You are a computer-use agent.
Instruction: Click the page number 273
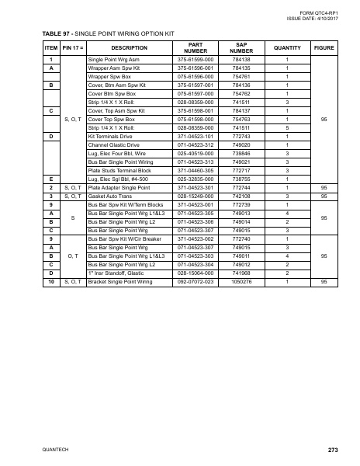point(334,450)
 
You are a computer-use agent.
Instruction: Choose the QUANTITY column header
point(287,48)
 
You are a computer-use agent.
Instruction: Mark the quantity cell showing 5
point(287,127)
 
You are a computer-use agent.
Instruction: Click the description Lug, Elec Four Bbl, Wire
point(119,153)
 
